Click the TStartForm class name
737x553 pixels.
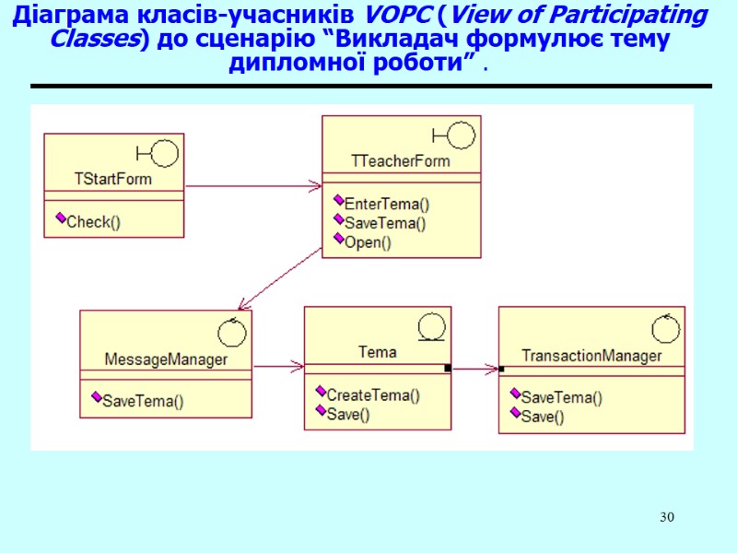[x=113, y=179]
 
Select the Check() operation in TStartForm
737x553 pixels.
[x=94, y=221]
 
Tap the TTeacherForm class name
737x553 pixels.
[x=401, y=160]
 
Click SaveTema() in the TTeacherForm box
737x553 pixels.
[x=385, y=223]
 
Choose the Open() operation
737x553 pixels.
[x=368, y=242]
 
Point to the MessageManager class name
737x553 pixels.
[x=166, y=359]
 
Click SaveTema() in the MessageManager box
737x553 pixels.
[x=143, y=401]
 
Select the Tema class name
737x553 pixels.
[x=377, y=352]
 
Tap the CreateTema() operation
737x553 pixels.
[x=373, y=395]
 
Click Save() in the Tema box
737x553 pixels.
[x=348, y=415]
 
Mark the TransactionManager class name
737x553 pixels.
[x=591, y=356]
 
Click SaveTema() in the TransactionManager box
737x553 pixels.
[x=562, y=398]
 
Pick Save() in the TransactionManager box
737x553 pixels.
[x=543, y=417]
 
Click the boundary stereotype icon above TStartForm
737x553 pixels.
[x=158, y=153]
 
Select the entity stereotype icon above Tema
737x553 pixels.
[x=431, y=327]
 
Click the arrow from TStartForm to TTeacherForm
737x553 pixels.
[x=253, y=187]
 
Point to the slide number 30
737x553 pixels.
[x=666, y=517]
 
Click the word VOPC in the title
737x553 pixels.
[x=392, y=16]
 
